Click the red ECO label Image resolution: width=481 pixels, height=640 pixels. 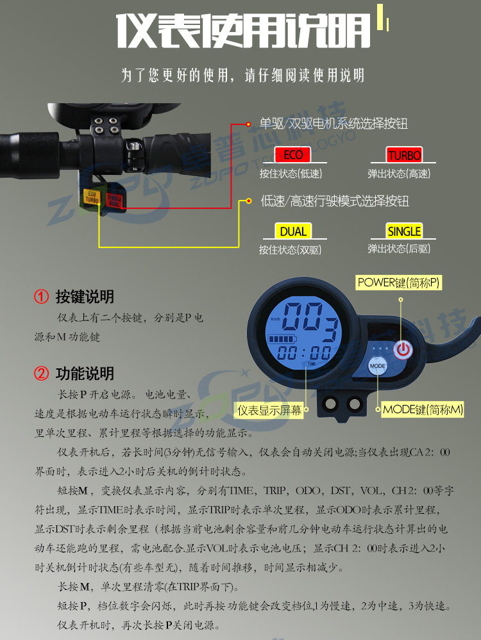click(x=292, y=155)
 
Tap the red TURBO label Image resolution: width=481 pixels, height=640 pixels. click(x=404, y=155)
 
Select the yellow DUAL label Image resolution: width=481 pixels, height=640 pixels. click(x=292, y=231)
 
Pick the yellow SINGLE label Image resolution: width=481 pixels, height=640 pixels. click(x=404, y=231)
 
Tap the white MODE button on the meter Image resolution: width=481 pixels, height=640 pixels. click(x=378, y=366)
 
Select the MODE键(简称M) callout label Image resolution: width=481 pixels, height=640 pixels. click(x=423, y=409)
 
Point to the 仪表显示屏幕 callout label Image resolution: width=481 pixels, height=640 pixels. click(x=269, y=410)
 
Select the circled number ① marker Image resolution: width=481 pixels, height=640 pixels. click(x=41, y=297)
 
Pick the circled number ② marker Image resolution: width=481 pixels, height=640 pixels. click(x=41, y=373)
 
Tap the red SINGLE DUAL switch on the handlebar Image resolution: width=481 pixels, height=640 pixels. click(x=114, y=199)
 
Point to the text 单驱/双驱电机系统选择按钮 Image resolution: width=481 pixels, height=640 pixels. click(x=333, y=123)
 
